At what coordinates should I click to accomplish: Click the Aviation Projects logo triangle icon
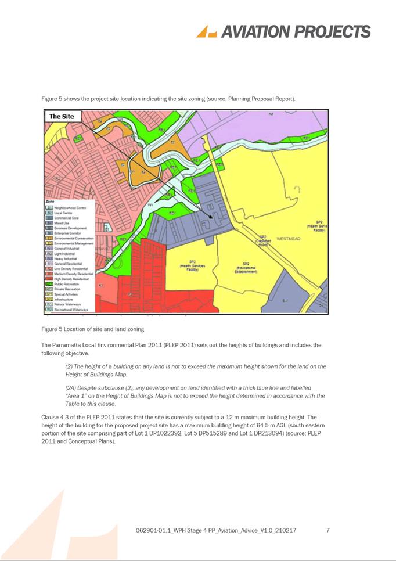click(206, 32)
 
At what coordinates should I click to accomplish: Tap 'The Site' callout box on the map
click(61, 117)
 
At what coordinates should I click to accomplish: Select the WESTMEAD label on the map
click(288, 239)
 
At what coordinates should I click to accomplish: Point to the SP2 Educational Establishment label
click(246, 268)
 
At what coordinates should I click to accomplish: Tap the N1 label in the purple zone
click(271, 114)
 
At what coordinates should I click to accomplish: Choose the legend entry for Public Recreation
click(63, 283)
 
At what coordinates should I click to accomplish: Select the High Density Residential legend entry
click(67, 279)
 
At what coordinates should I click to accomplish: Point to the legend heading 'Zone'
click(50, 201)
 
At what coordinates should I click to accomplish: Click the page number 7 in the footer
click(328, 530)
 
